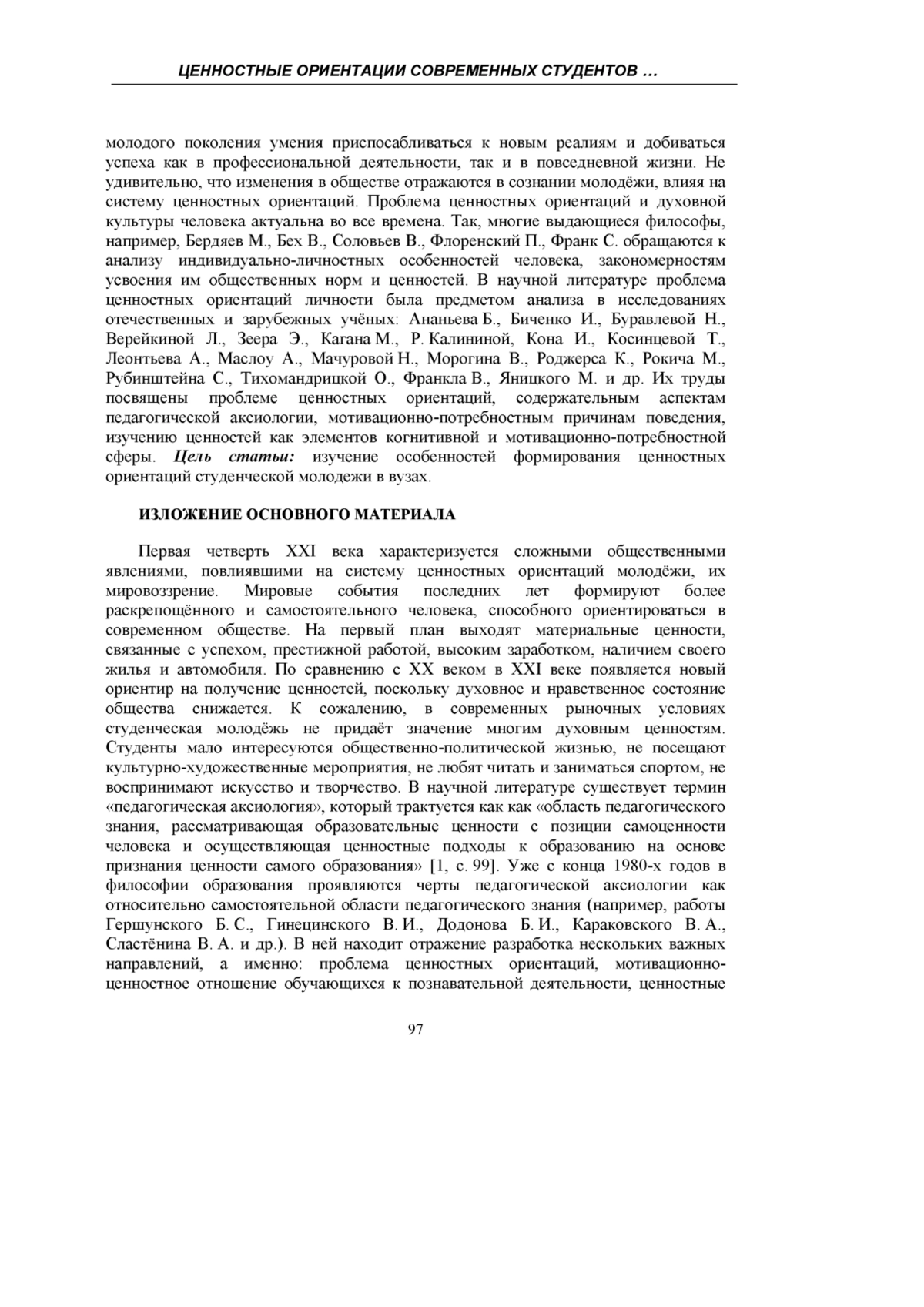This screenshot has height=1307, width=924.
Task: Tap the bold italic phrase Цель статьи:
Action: coord(235,457)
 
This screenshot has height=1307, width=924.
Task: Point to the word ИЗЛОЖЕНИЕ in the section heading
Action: coord(182,514)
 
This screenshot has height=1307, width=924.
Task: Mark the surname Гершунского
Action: coord(146,925)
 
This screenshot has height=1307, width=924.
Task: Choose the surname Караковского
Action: coord(628,925)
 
